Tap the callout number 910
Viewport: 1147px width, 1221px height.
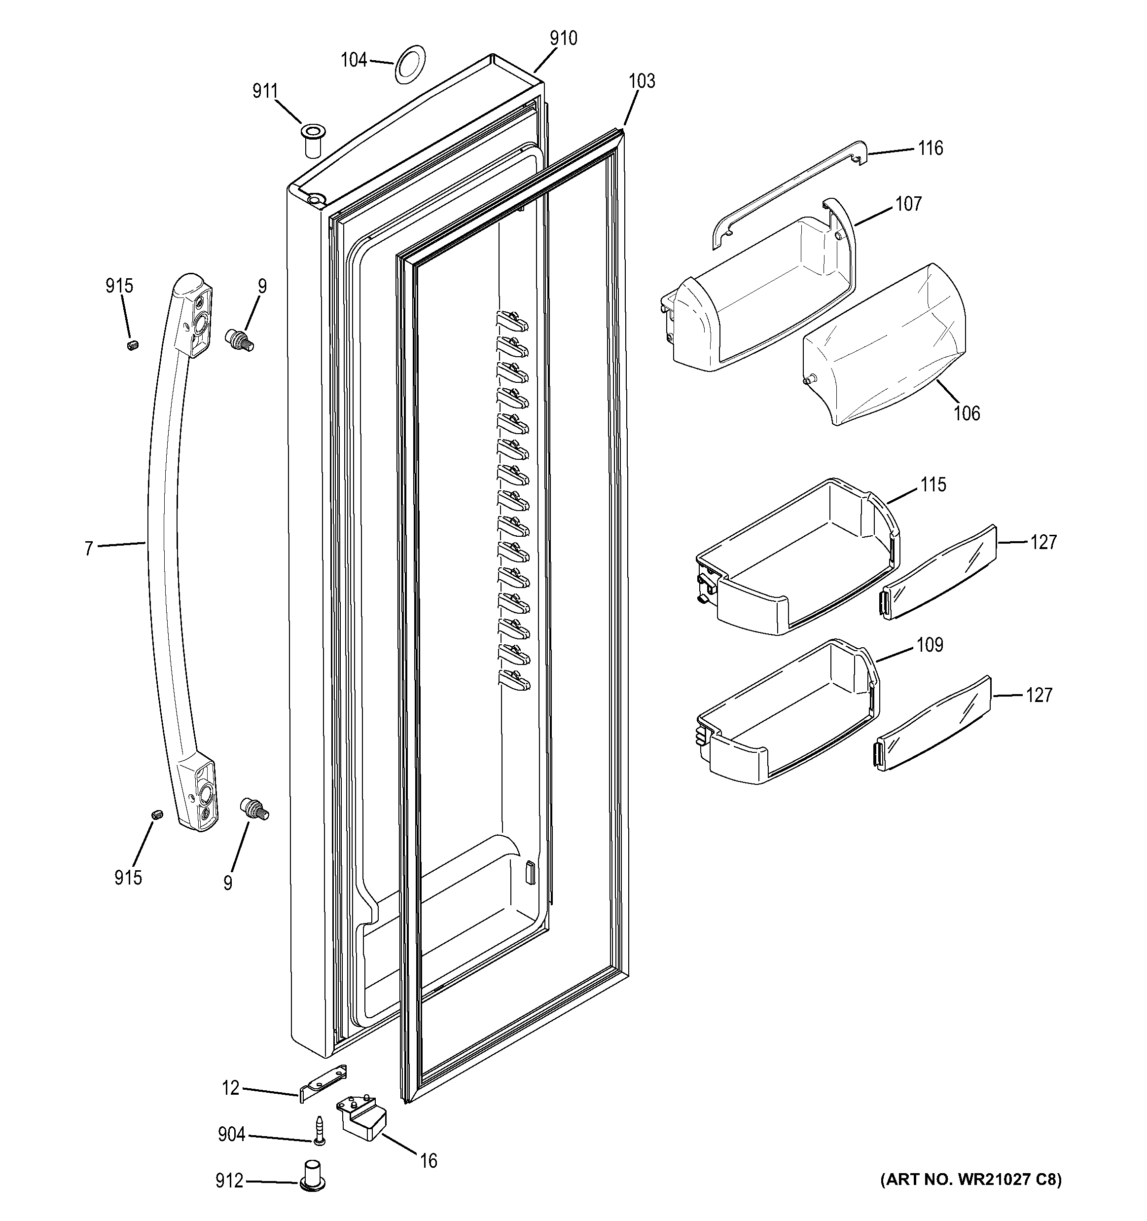click(563, 38)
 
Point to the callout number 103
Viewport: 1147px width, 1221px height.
click(642, 81)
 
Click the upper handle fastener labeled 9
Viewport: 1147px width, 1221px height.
click(240, 339)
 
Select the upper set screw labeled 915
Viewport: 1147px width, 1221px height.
click(133, 345)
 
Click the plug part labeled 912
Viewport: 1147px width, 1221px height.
click(313, 1177)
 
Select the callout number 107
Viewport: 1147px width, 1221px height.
click(908, 204)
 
